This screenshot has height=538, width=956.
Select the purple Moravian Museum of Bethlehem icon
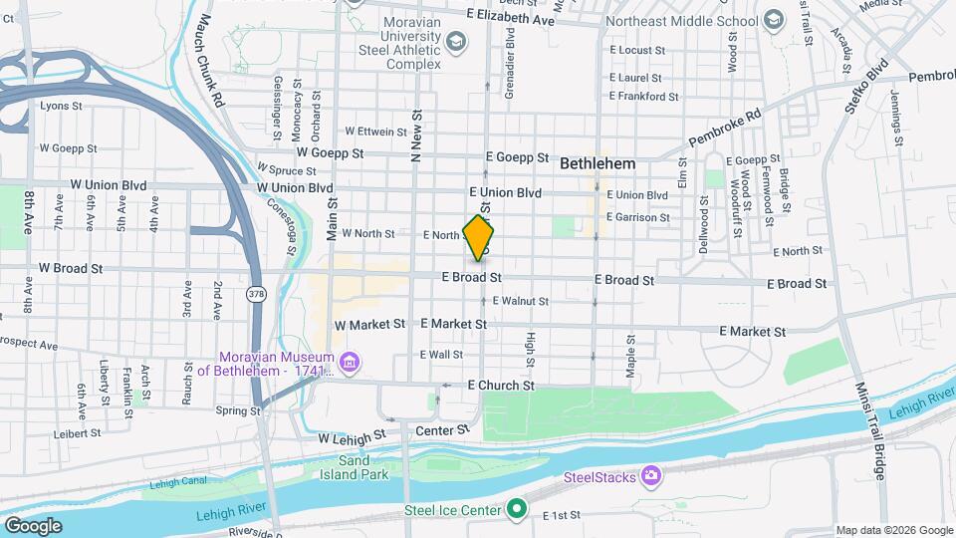pos(349,361)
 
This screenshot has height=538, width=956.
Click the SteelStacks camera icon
pos(651,476)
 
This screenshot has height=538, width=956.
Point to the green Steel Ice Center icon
pos(516,511)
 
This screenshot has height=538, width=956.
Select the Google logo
pos(34,525)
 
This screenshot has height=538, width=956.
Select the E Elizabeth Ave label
pos(510,19)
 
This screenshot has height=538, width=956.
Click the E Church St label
pos(500,385)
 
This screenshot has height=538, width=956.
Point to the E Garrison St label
pos(635,217)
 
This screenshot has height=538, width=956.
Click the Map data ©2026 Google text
pos(893,530)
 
